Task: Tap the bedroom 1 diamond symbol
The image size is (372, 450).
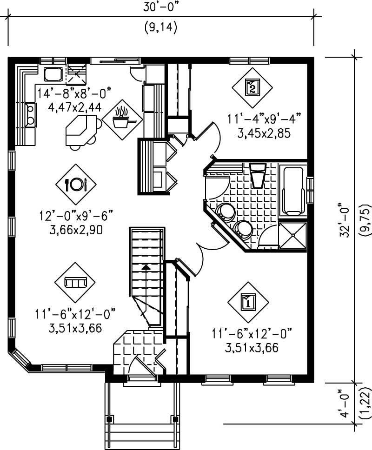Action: [248, 302]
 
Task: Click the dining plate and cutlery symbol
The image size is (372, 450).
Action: [75, 184]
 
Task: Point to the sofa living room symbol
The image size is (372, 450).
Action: [75, 282]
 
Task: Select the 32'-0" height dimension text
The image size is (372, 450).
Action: [345, 220]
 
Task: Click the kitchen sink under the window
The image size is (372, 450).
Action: [53, 74]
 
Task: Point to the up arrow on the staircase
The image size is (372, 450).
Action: [146, 267]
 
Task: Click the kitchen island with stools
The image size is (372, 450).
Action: [82, 131]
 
